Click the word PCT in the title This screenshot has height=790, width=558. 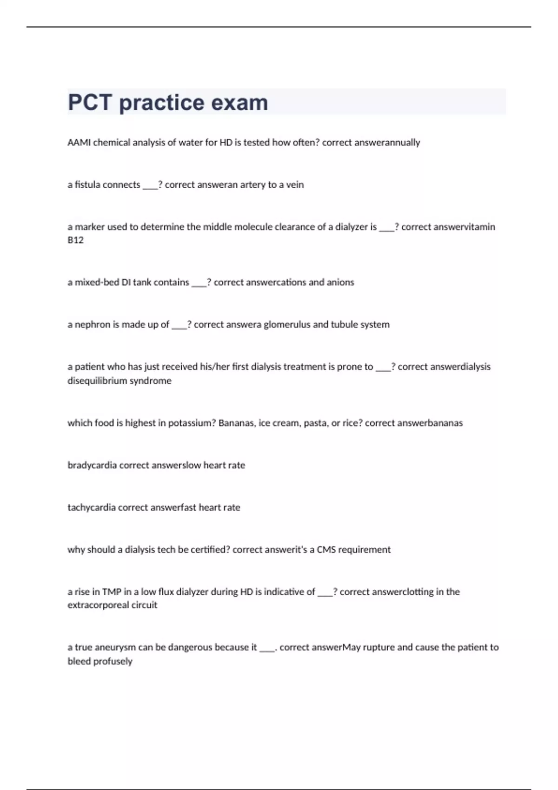point(90,103)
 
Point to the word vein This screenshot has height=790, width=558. point(295,185)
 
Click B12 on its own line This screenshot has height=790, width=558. point(75,240)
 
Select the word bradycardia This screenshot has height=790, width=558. point(92,466)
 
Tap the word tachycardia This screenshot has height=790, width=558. point(92,508)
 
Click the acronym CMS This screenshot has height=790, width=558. point(326,550)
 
